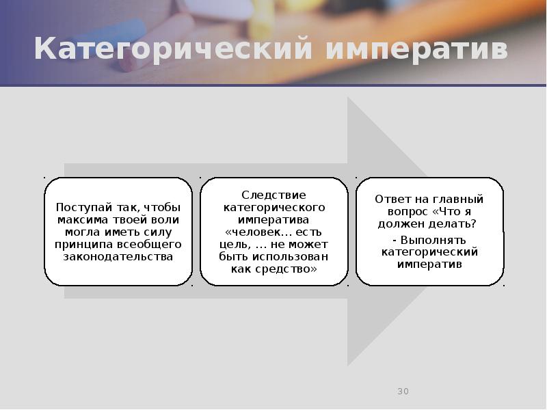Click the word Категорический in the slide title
[174, 51]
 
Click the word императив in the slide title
[416, 51]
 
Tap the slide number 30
[403, 392]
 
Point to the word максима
[83, 219]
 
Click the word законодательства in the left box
[118, 256]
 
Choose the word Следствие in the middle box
[273, 195]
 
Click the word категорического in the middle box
[273, 208]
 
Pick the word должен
[399, 224]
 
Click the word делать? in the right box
[453, 224]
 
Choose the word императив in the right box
[429, 264]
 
